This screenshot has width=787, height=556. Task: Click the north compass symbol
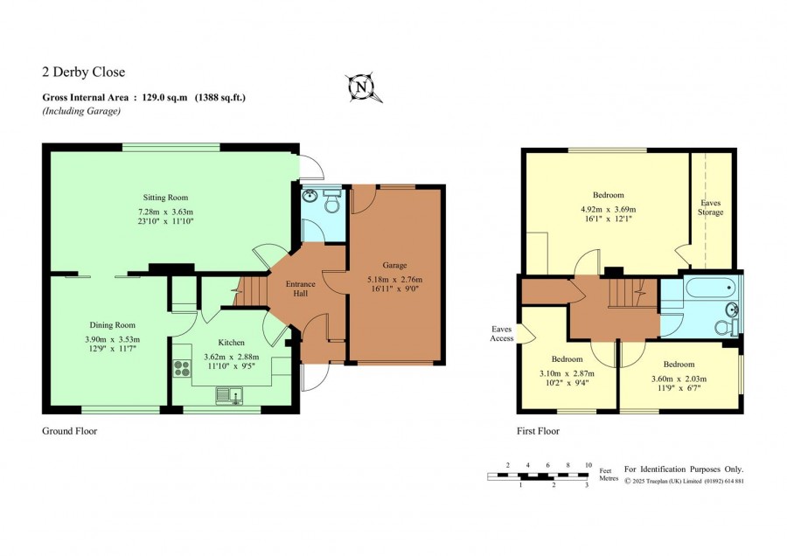(x=362, y=87)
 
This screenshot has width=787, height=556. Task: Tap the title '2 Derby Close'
(x=83, y=72)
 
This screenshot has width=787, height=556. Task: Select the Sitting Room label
(x=165, y=198)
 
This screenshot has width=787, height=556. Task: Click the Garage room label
(x=394, y=265)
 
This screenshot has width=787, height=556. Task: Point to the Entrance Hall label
(x=301, y=288)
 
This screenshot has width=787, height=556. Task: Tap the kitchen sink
(x=229, y=395)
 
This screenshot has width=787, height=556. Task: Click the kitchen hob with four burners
(x=182, y=368)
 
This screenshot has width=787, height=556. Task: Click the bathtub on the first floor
(x=711, y=288)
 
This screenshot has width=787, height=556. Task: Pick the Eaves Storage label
(x=711, y=207)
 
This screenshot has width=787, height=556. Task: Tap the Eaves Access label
(x=502, y=334)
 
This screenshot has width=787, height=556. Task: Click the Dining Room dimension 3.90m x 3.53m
(x=113, y=339)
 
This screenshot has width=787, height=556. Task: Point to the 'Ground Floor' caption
(x=70, y=431)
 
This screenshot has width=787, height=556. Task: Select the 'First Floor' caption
(x=538, y=431)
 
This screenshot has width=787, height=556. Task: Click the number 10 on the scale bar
(x=589, y=465)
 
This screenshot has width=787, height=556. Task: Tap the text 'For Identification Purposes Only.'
(x=684, y=469)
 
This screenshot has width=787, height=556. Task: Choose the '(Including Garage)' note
(x=81, y=111)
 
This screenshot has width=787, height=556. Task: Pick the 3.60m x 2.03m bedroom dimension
(x=679, y=379)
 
